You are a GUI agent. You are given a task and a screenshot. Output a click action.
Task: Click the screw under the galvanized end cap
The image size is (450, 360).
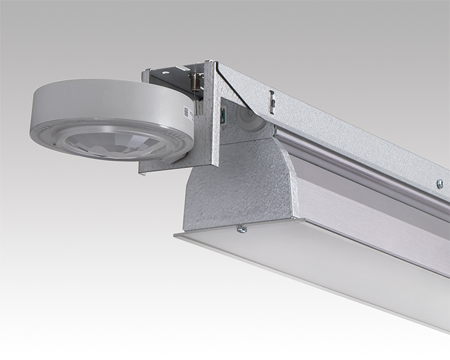click(x=241, y=229)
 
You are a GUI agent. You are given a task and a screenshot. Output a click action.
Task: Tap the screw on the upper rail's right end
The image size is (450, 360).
click(x=440, y=184)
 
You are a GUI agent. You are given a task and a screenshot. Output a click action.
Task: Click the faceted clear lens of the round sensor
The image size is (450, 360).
click(x=112, y=144)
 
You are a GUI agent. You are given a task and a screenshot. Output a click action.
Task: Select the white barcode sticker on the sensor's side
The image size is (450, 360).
click(x=186, y=113)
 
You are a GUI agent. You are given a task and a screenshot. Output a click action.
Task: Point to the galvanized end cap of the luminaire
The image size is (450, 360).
click(x=235, y=184)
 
